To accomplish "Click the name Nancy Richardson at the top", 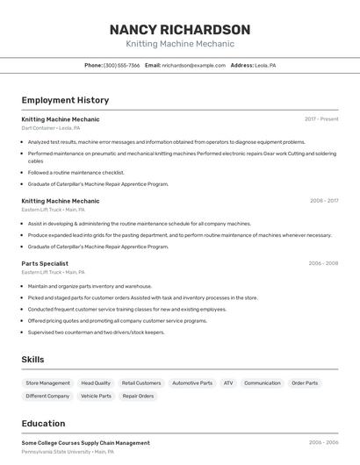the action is click(x=180, y=29).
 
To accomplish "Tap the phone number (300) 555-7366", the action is click(x=121, y=66).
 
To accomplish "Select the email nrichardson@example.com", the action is click(x=193, y=66).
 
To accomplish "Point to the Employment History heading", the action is click(x=65, y=100).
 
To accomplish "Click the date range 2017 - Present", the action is click(x=321, y=119).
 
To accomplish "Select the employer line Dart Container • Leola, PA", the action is click(x=51, y=128).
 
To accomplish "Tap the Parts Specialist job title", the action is click(x=45, y=263).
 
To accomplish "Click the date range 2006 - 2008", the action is click(x=323, y=263).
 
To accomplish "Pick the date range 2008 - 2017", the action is click(x=324, y=201).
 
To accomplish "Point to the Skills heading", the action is click(x=32, y=360).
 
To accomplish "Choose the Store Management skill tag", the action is click(x=48, y=383).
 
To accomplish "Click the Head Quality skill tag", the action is click(x=96, y=383).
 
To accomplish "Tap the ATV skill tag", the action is click(x=228, y=383).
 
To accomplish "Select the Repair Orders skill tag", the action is click(x=138, y=397).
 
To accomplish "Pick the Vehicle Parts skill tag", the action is click(x=97, y=397).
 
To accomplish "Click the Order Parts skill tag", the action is click(x=305, y=383).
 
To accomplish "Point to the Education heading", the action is click(x=43, y=424).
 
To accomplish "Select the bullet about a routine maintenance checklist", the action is click(x=76, y=173).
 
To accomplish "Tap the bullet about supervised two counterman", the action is click(x=96, y=333).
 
